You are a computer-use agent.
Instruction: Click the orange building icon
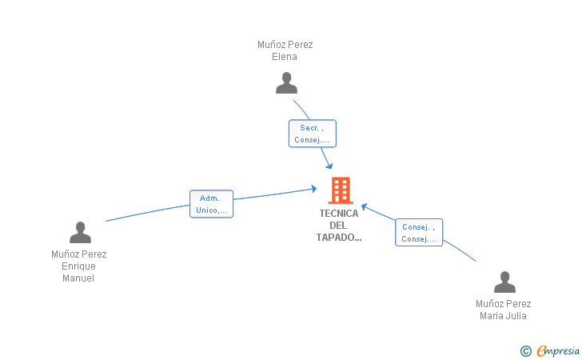pyautogui.click(x=341, y=190)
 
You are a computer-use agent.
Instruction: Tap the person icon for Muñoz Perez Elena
pyautogui.click(x=286, y=83)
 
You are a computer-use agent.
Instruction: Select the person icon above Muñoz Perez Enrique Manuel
pyautogui.click(x=80, y=232)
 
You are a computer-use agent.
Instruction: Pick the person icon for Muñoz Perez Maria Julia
pyautogui.click(x=504, y=282)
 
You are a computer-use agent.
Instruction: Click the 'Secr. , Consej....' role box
pyautogui.click(x=312, y=134)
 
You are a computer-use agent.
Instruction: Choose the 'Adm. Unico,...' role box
pyautogui.click(x=211, y=204)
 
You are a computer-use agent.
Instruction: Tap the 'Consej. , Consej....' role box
pyautogui.click(x=419, y=233)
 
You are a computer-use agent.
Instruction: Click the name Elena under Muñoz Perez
pyautogui.click(x=285, y=57)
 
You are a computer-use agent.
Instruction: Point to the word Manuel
pyautogui.click(x=78, y=278)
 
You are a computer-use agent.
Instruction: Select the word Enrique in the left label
pyautogui.click(x=78, y=266)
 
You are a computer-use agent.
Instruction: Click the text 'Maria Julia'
pyautogui.click(x=503, y=316)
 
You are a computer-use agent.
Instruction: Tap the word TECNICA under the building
pyautogui.click(x=339, y=214)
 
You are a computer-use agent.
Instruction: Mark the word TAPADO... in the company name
pyautogui.click(x=339, y=238)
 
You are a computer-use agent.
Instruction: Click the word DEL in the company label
pyautogui.click(x=338, y=226)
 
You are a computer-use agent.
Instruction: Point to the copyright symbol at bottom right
pyautogui.click(x=525, y=351)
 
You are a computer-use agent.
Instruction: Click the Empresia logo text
pyautogui.click(x=558, y=350)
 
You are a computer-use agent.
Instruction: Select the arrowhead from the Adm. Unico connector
pyautogui.click(x=314, y=189)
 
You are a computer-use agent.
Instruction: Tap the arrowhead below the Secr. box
pyautogui.click(x=329, y=166)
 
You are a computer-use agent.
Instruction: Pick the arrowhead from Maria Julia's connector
pyautogui.click(x=365, y=206)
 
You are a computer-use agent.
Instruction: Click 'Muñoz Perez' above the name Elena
pyautogui.click(x=285, y=45)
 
